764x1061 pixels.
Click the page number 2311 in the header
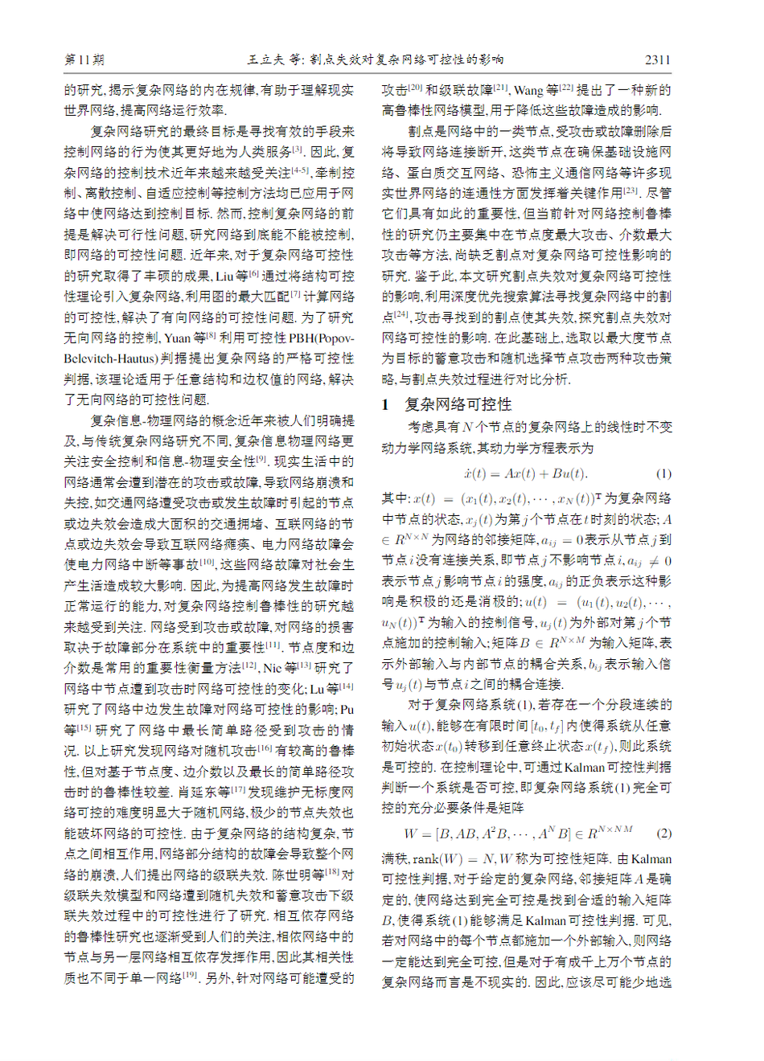(x=657, y=59)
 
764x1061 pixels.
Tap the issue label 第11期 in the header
(x=84, y=59)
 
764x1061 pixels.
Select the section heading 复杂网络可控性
(x=458, y=404)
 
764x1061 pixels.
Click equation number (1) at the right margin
(x=663, y=473)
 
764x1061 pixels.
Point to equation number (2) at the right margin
(x=663, y=834)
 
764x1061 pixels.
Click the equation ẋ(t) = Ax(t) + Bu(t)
(x=525, y=473)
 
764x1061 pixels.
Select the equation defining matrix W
(x=518, y=834)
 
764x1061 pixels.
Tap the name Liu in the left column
(x=224, y=277)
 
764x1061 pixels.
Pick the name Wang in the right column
(x=528, y=90)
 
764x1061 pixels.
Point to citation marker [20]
(x=415, y=87)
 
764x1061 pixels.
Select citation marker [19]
(x=189, y=975)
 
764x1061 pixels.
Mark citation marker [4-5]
(x=300, y=170)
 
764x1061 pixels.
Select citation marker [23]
(x=631, y=190)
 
